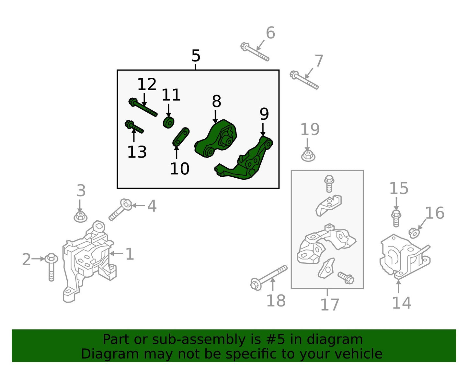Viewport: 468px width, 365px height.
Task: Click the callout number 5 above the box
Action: click(196, 56)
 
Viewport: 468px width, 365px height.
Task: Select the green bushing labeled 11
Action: click(168, 122)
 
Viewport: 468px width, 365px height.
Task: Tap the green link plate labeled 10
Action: click(181, 137)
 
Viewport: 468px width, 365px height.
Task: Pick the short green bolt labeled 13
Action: click(134, 127)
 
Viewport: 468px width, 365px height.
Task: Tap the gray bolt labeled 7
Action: click(304, 80)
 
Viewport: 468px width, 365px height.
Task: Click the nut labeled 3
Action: click(81, 216)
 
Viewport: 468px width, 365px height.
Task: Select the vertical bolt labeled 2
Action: click(51, 267)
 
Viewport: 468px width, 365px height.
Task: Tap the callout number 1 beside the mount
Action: click(130, 254)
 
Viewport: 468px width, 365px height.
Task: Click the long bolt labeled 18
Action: click(269, 278)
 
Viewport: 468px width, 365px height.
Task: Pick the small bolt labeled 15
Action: click(396, 218)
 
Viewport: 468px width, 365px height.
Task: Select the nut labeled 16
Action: click(414, 233)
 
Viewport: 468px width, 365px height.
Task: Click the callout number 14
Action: click(402, 303)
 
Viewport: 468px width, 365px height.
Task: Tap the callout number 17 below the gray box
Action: click(330, 305)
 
